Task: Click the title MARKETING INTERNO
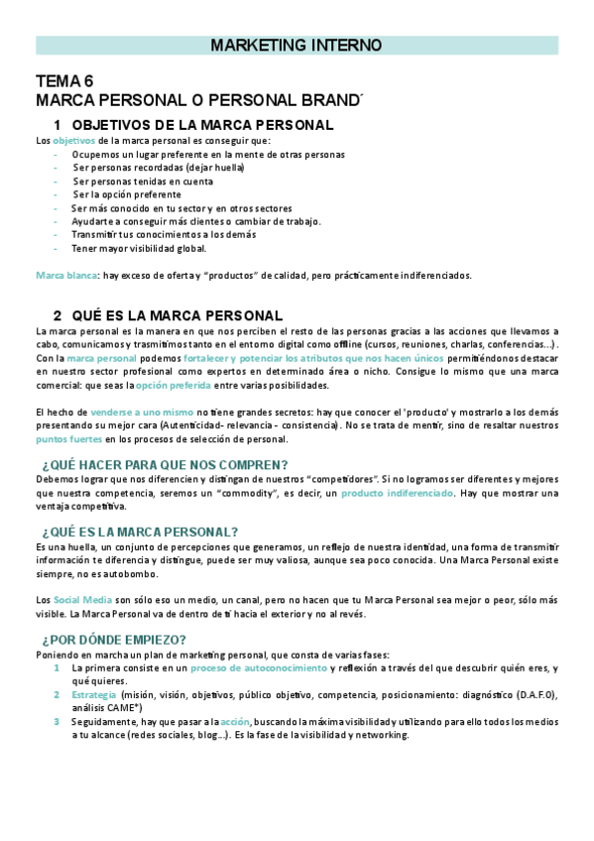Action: coord(297,46)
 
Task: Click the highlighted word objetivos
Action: coord(74,141)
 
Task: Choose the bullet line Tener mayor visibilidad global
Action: coord(139,248)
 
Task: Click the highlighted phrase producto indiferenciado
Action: coord(398,493)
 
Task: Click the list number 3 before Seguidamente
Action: coord(58,722)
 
